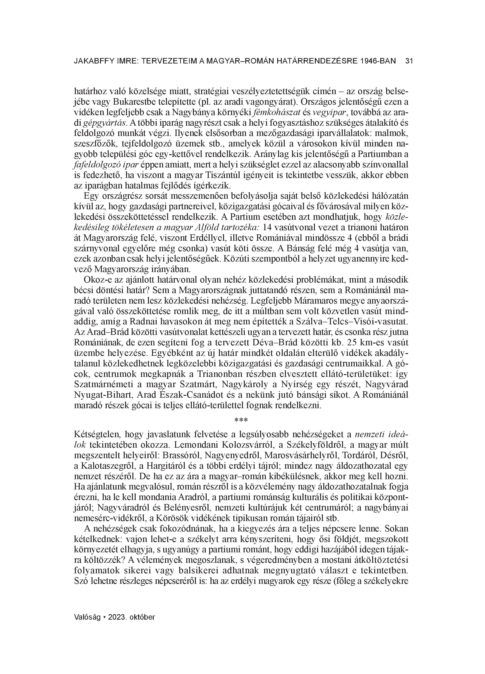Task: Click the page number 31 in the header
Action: point(409,61)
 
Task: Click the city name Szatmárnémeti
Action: point(103,384)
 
